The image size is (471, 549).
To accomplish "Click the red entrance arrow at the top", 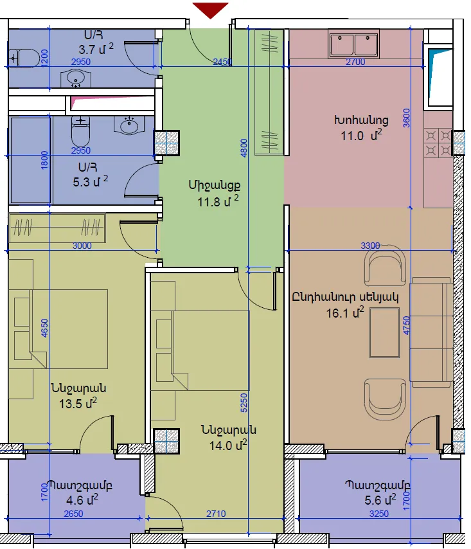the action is point(210,10).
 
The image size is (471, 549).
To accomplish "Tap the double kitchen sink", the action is point(353,44).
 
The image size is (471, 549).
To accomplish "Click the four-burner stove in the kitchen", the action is point(438,143).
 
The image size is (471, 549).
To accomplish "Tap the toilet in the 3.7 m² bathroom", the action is point(24,58).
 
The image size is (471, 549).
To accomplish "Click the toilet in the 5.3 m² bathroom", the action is point(81,131).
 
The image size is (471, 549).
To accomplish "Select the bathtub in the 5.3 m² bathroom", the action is point(30,160).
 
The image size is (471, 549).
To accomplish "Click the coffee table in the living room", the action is point(384,332).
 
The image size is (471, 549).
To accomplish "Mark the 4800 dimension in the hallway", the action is point(244,148).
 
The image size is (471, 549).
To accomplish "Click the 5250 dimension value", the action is point(244,403).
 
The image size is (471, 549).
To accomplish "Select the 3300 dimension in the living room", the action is point(370,246).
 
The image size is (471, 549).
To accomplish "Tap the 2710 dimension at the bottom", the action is point(216,514).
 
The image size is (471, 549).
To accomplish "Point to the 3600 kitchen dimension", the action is point(406,118).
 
